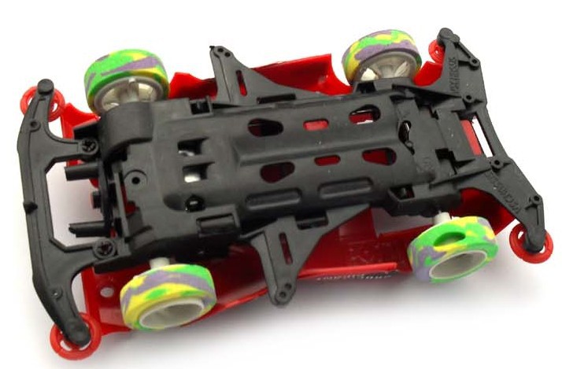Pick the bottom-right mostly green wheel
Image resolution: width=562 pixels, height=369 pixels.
[x=452, y=249]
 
